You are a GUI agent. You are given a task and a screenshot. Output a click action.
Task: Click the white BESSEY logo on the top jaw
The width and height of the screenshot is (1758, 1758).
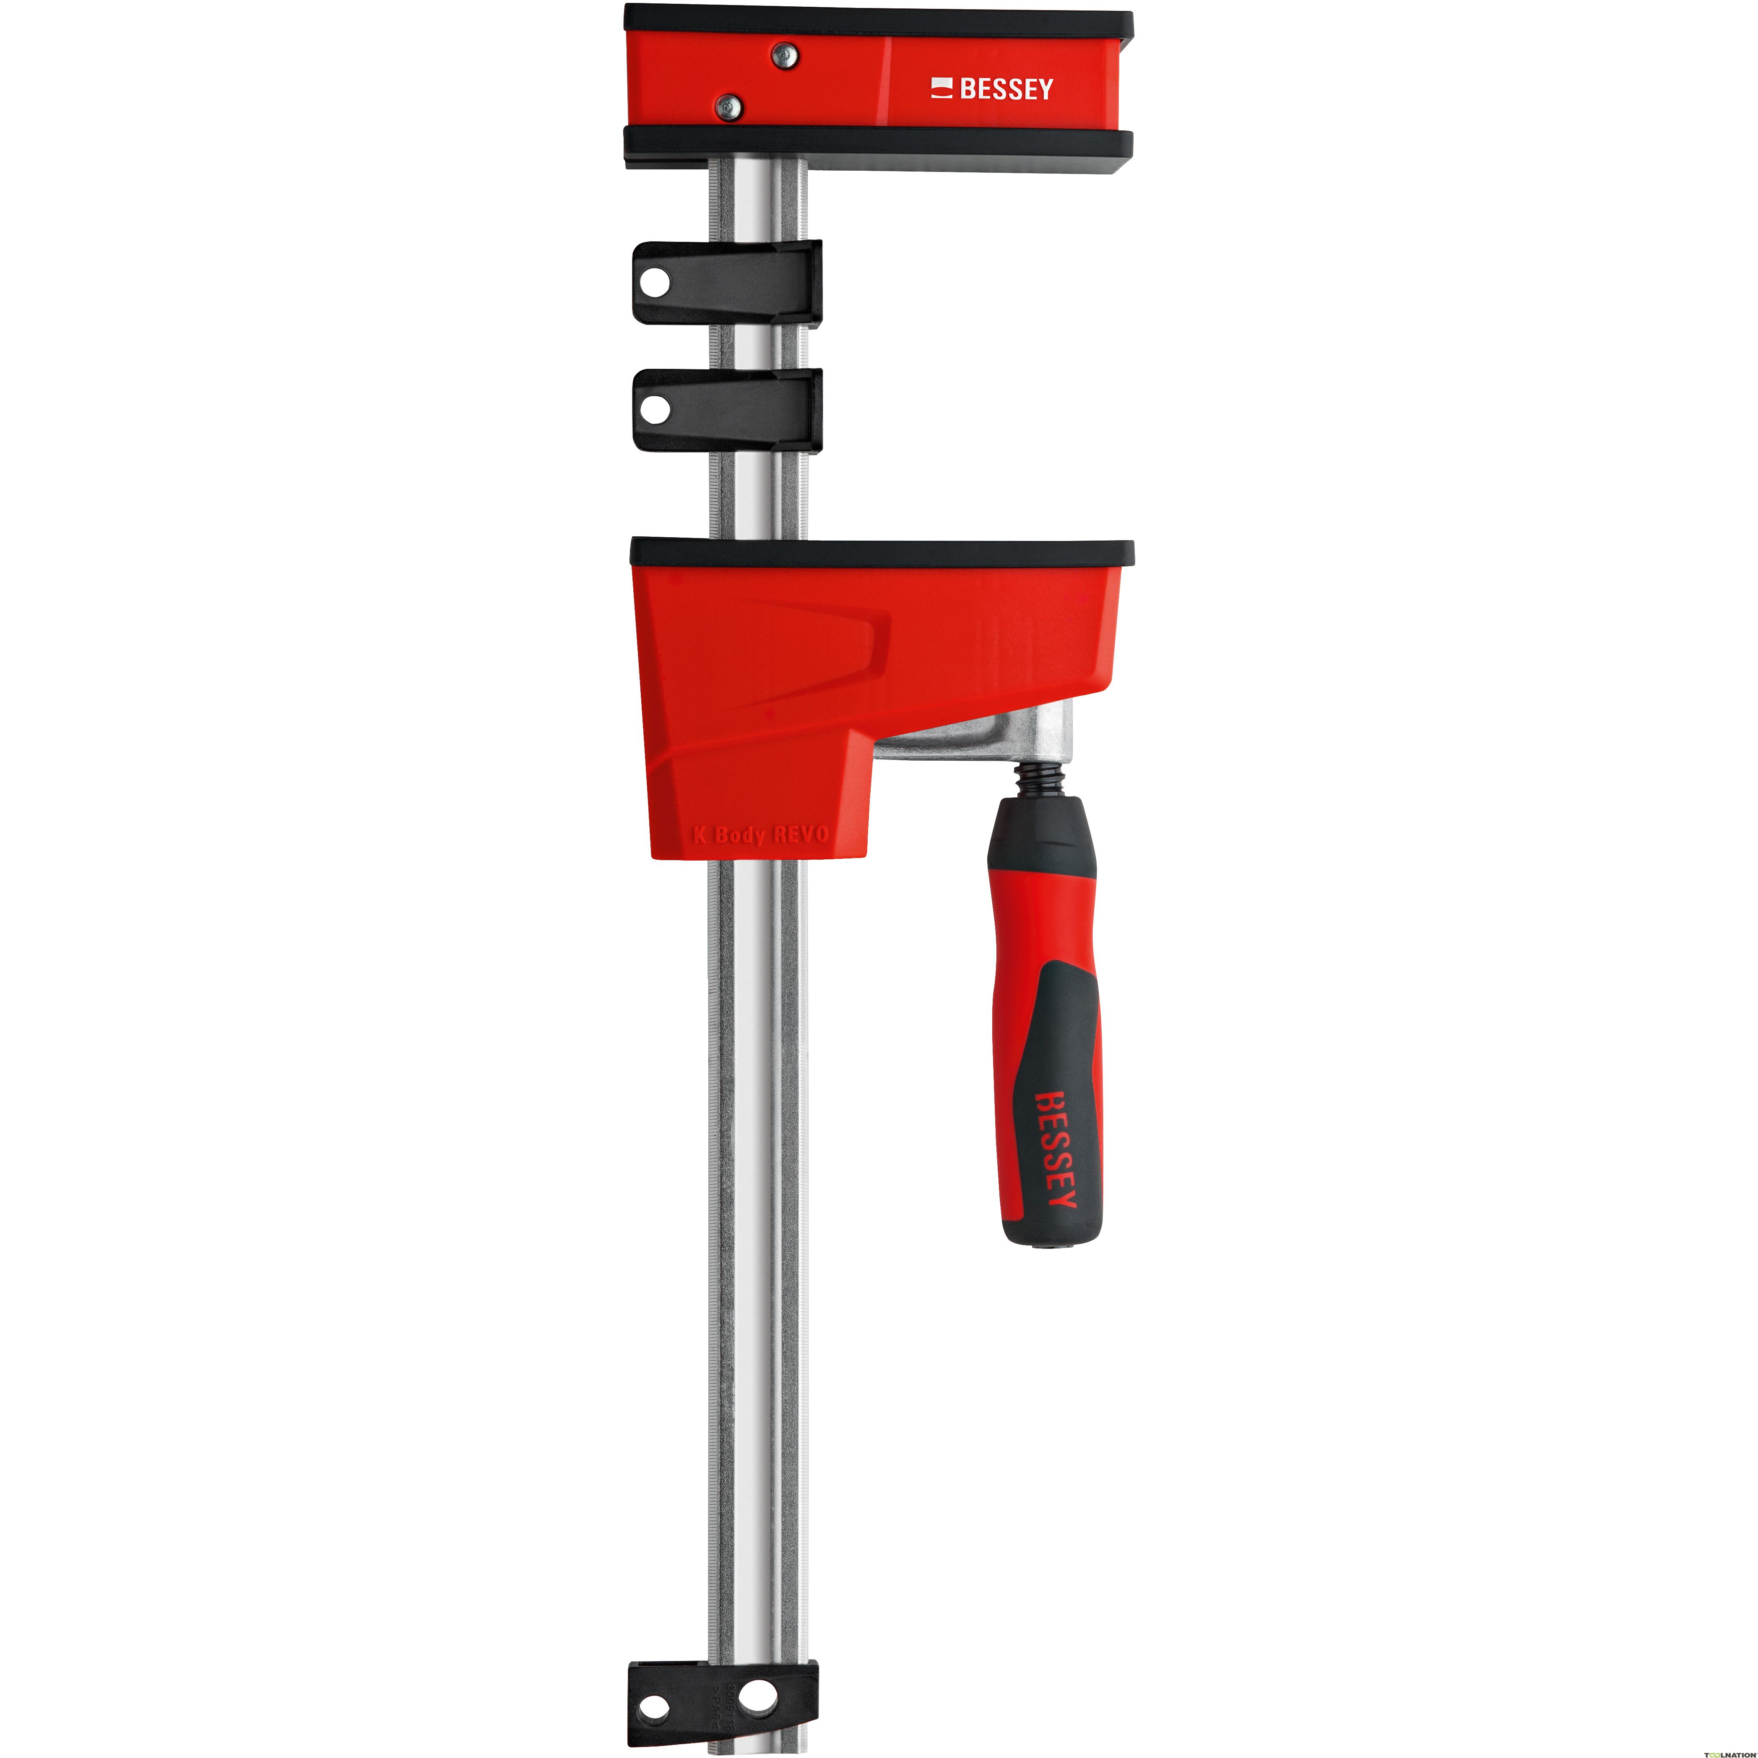click(992, 89)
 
